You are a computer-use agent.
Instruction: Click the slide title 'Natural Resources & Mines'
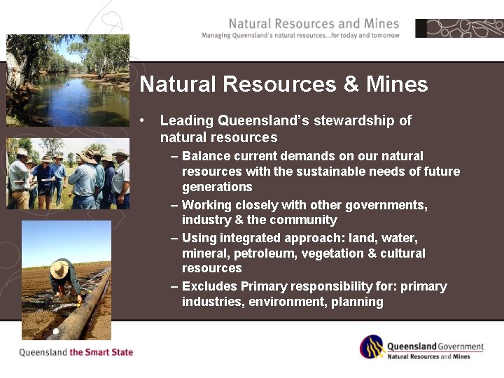click(283, 85)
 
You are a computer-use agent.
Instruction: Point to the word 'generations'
click(217, 187)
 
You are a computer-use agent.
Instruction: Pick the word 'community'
click(301, 220)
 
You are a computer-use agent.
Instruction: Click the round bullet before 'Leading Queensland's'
click(142, 120)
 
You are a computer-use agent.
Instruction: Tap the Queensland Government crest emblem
click(372, 347)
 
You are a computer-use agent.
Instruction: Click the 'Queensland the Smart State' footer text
click(76, 352)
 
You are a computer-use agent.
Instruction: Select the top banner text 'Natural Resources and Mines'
click(314, 24)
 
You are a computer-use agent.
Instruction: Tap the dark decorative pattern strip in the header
click(459, 28)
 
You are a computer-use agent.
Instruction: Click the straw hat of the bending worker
click(60, 269)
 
